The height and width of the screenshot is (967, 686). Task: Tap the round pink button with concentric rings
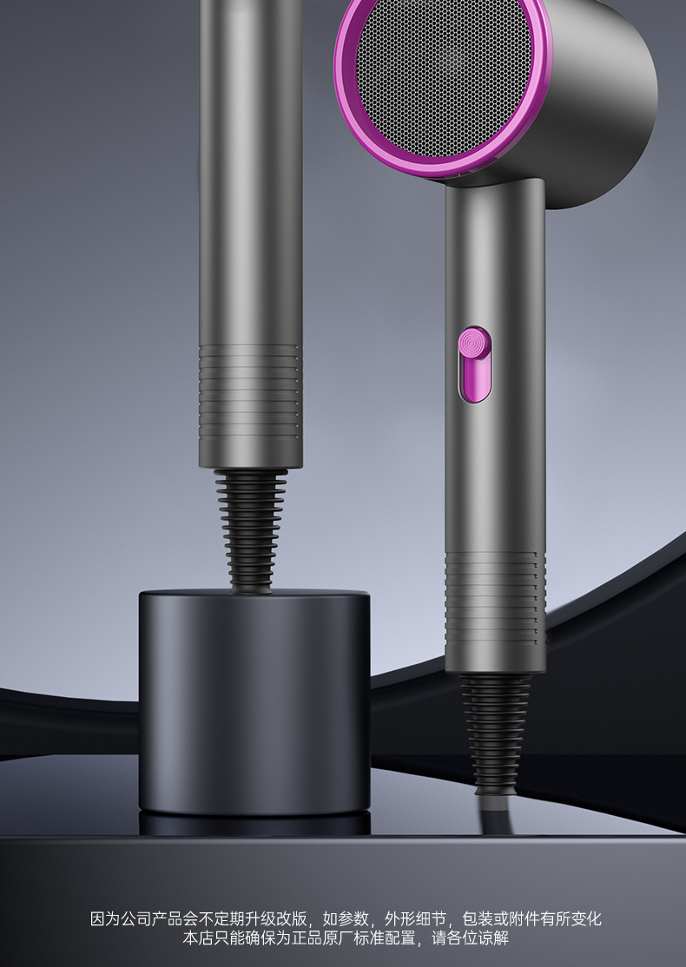click(474, 342)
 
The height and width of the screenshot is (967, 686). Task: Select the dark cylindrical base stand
click(254, 702)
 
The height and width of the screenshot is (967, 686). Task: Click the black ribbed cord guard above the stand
click(251, 530)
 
